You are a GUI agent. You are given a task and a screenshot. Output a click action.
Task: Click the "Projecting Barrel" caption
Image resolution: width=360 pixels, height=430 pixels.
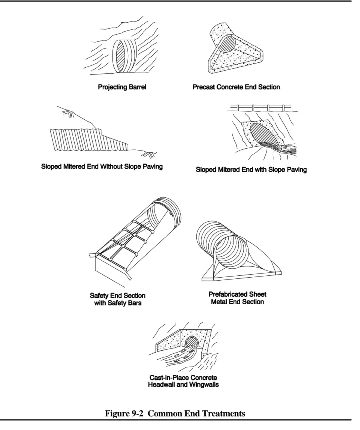[x=122, y=87]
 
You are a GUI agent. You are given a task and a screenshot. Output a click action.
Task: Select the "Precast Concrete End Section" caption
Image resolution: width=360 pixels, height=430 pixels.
[x=236, y=87]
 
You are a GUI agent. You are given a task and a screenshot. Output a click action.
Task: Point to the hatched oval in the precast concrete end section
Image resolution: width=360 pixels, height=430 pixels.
[x=227, y=45]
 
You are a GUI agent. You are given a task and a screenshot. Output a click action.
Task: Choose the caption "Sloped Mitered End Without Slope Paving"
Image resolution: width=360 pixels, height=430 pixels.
[x=102, y=166]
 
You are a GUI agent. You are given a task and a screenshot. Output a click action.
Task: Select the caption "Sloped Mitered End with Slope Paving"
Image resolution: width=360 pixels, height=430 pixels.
[x=251, y=169]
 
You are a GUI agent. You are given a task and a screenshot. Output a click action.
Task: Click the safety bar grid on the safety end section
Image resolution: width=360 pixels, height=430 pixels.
[x=125, y=241]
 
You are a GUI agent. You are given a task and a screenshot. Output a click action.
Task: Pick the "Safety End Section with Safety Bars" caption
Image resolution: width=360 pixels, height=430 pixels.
[x=118, y=299]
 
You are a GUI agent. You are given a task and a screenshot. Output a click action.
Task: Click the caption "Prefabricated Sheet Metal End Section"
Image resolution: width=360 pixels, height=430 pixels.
[x=237, y=298]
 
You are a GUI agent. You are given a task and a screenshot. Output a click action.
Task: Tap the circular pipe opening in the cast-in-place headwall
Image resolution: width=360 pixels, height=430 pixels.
[x=192, y=342]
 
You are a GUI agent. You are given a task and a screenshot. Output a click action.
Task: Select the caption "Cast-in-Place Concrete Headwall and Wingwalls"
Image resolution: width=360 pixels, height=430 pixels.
[x=183, y=381]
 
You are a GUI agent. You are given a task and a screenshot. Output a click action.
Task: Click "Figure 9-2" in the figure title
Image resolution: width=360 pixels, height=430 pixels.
[x=124, y=414]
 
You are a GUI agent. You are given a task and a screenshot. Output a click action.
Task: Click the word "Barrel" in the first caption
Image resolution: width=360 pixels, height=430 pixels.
[x=137, y=87]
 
